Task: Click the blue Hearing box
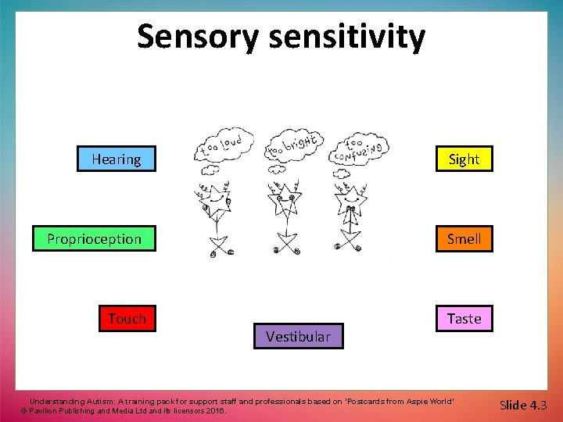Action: [x=117, y=159]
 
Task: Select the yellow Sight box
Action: [x=464, y=159]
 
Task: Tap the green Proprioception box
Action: [x=94, y=239]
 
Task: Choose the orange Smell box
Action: [x=464, y=239]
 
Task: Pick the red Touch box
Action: [x=127, y=319]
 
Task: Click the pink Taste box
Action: [x=464, y=319]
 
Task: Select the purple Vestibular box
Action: [x=298, y=337]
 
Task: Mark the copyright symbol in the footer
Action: [x=24, y=410]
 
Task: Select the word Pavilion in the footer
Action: [x=48, y=410]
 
